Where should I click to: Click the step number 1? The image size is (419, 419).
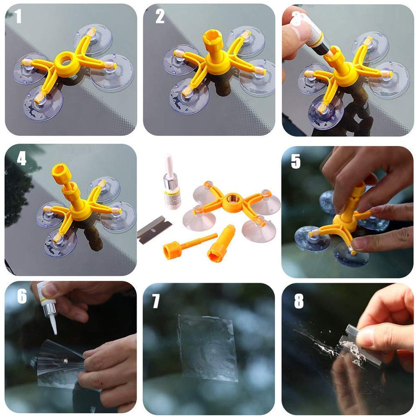point(18,16)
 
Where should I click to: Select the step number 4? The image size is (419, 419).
point(21,159)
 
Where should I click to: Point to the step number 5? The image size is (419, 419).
point(296,162)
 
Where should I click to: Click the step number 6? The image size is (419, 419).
point(22,296)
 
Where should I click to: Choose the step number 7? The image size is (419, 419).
point(156,301)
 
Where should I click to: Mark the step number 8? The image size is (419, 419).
point(299,301)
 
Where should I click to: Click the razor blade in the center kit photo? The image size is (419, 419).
point(154,230)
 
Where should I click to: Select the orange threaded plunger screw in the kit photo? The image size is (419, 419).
point(187,245)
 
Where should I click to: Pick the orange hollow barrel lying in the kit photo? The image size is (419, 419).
point(221,243)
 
